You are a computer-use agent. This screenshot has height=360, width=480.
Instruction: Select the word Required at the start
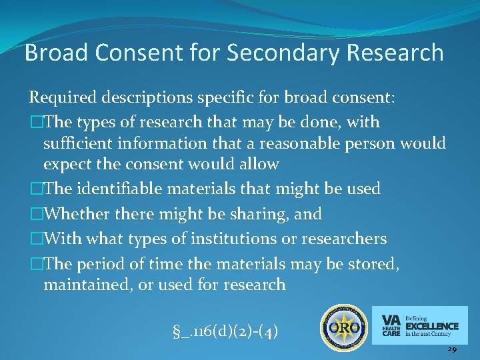[x=62, y=99]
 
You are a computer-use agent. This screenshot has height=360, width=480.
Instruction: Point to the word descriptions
[x=147, y=99]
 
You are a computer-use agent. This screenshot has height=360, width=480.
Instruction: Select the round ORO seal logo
[x=344, y=328]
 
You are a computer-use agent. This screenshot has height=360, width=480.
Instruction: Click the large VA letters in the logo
[x=391, y=319]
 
